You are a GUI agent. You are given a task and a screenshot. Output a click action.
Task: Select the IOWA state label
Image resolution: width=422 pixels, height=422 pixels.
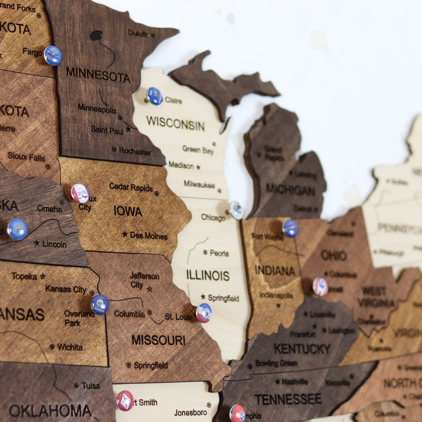pyautogui.click(x=128, y=211)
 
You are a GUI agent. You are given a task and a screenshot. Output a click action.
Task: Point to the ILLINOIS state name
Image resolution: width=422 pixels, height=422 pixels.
pyautogui.click(x=208, y=275)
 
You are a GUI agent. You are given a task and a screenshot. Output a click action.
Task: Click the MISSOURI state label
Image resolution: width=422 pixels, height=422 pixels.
pyautogui.click(x=159, y=340)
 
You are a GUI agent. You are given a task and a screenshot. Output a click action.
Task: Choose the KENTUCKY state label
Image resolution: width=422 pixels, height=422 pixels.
pyautogui.click(x=302, y=349)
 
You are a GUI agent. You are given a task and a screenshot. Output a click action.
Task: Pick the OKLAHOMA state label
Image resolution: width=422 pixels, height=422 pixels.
pyautogui.click(x=50, y=410)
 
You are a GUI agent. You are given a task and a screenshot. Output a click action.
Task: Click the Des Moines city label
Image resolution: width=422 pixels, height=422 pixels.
pyautogui.click(x=148, y=236)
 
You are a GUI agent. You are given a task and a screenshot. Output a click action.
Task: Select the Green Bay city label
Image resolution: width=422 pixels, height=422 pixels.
pyautogui.click(x=198, y=150)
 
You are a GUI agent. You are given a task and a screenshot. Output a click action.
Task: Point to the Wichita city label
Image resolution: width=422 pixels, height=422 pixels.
pyautogui.click(x=70, y=347)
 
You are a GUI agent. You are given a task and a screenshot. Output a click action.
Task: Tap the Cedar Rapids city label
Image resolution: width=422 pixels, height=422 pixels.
pyautogui.click(x=131, y=187)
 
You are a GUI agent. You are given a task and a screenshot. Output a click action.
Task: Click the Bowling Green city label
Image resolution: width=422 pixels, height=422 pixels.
pyautogui.click(x=276, y=363)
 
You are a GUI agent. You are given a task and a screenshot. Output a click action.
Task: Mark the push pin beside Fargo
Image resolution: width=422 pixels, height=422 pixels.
pyautogui.click(x=53, y=55)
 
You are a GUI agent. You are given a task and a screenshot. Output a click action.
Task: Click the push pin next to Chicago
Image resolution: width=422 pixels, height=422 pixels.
pyautogui.click(x=236, y=209)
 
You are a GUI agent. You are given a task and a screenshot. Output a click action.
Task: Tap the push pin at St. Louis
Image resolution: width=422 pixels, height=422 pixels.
pyautogui.click(x=204, y=313)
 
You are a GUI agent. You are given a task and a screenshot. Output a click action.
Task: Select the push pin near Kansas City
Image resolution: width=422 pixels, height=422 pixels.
pyautogui.click(x=100, y=304)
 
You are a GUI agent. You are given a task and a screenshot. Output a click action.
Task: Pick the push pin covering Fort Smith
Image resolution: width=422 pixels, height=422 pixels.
pyautogui.click(x=125, y=400)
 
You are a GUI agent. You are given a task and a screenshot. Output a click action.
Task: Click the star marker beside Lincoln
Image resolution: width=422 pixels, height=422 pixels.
pyautogui.click(x=36, y=243)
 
